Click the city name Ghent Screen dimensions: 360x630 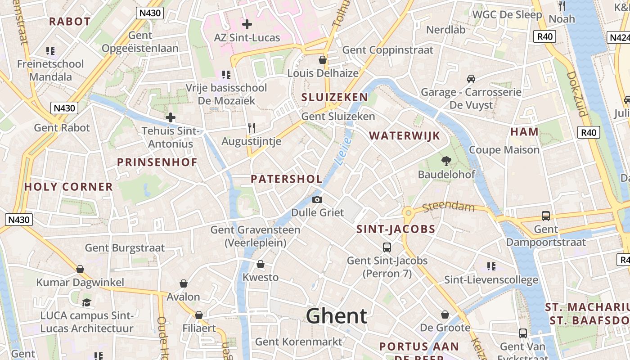337,316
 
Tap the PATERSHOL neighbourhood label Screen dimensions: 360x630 286,179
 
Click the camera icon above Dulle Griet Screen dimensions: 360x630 317,199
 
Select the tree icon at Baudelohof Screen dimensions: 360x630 446,161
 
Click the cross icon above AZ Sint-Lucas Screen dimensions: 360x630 247,24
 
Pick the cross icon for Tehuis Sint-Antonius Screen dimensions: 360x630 170,118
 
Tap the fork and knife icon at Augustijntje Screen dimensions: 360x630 252,128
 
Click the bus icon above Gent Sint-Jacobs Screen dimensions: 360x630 387,247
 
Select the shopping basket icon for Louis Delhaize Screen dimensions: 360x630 322,60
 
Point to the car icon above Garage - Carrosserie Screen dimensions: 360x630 471,79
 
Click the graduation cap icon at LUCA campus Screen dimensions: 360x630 86,302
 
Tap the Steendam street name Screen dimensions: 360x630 448,207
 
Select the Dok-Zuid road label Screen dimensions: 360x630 576,94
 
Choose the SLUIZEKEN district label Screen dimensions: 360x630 334,97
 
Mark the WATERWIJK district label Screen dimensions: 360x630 404,136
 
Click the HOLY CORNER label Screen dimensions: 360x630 68,187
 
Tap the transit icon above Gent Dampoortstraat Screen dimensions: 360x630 545,216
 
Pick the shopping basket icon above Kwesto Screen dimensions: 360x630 260,264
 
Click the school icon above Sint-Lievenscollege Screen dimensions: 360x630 491,266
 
